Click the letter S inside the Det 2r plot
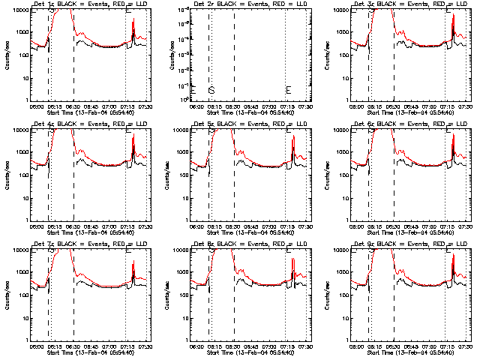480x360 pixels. [x=211, y=91]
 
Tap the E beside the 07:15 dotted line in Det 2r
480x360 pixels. [x=289, y=91]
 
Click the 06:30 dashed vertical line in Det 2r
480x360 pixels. [x=234, y=52]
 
